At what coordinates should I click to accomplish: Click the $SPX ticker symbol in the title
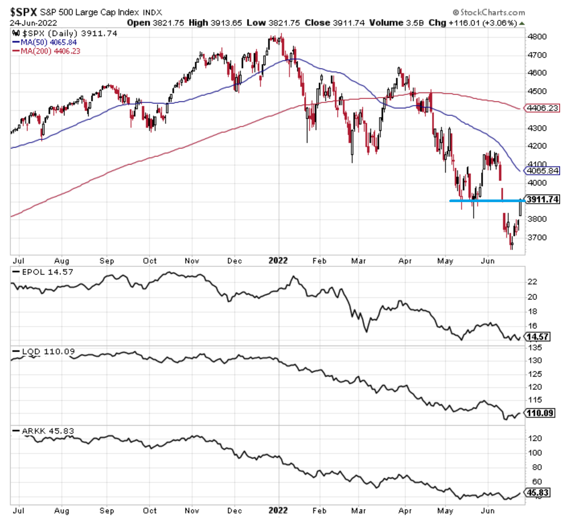(23, 12)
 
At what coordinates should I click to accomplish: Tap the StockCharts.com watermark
(489, 13)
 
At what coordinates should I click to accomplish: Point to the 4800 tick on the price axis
(537, 37)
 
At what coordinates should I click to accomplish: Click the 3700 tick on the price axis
(537, 237)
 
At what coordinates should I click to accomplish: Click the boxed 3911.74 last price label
(543, 199)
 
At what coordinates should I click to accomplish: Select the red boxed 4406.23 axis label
(542, 108)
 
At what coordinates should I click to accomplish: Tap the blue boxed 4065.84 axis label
(542, 171)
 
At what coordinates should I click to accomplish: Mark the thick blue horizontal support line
(486, 201)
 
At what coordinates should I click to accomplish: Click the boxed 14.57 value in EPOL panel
(538, 337)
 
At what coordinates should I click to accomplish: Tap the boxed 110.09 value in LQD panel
(540, 413)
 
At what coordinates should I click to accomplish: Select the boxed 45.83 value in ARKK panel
(538, 492)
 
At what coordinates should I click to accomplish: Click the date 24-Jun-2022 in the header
(33, 23)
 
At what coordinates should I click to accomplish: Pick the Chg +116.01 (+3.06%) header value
(473, 23)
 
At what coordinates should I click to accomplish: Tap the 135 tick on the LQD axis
(535, 348)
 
